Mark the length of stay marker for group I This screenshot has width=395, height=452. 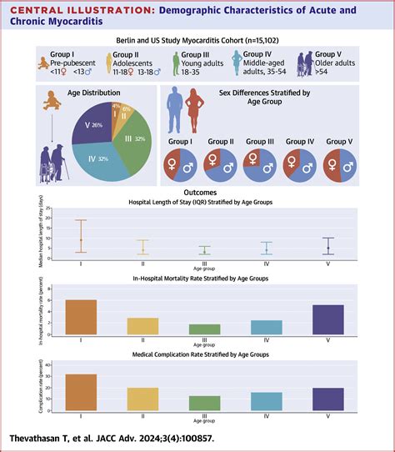(x=80, y=240)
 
